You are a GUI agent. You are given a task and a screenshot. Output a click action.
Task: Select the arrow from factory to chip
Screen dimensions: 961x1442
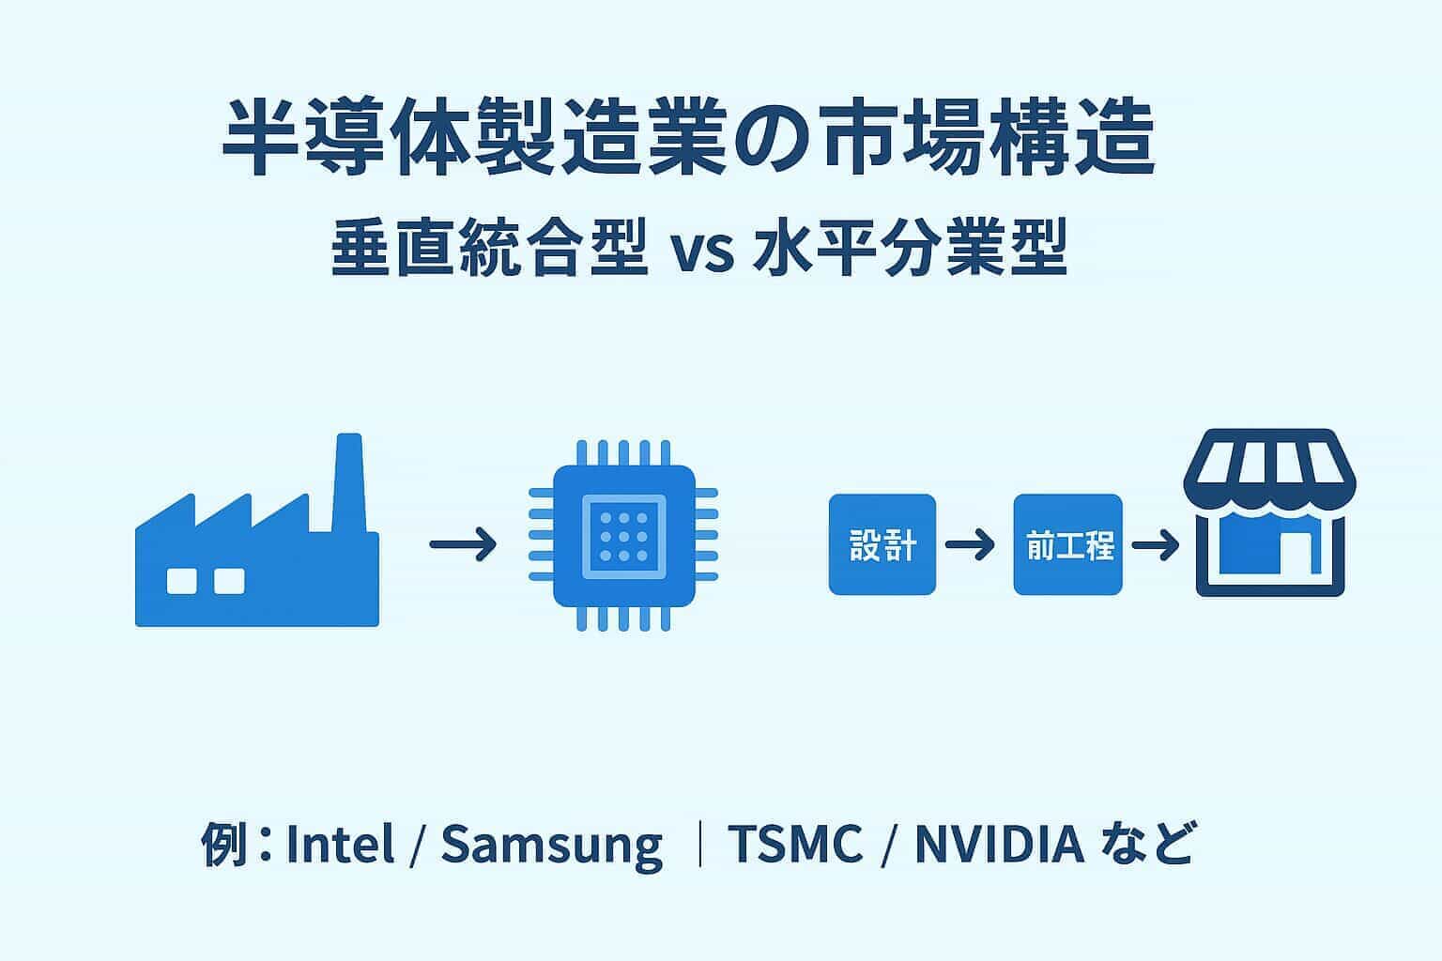[x=463, y=544]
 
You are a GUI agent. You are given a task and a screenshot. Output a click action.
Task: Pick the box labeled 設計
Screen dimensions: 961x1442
[x=882, y=544]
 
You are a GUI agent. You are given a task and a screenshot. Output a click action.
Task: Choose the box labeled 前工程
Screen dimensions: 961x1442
[x=1068, y=544]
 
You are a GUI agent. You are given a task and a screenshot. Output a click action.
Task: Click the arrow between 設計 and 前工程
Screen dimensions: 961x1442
[x=971, y=544]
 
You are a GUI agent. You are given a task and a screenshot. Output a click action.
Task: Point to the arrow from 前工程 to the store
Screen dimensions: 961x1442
[x=1156, y=544]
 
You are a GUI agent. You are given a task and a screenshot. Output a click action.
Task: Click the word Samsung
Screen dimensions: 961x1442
[x=551, y=845]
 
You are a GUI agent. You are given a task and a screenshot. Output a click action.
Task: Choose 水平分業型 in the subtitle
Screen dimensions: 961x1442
[x=911, y=249]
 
